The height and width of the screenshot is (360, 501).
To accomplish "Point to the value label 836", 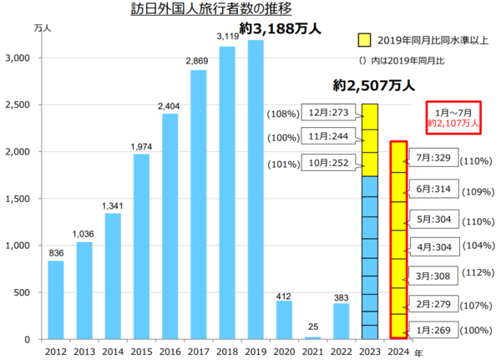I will tap(55, 253).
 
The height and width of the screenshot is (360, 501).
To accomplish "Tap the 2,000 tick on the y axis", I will tap(18, 152).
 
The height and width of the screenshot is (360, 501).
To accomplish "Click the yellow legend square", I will tap(362, 38).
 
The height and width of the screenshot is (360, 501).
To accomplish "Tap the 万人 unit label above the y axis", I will tap(40, 28).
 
